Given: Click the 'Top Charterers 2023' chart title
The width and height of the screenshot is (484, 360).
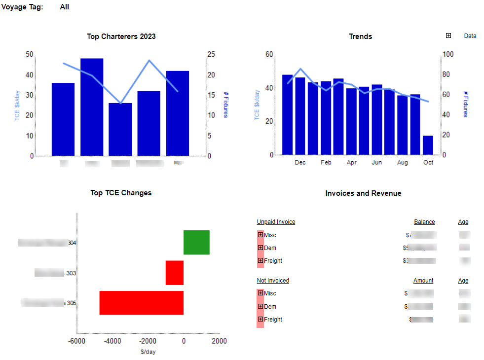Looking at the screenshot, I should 121,36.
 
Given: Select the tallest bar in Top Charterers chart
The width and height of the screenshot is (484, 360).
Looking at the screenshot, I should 92,107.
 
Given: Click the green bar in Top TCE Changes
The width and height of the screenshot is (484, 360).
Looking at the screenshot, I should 196,242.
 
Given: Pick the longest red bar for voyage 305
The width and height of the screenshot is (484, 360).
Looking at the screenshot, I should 142,303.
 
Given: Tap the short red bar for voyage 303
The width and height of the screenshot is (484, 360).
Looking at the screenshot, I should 175,273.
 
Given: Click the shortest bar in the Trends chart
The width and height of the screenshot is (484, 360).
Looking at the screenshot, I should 428,145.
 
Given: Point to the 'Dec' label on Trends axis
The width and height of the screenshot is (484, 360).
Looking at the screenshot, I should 300,163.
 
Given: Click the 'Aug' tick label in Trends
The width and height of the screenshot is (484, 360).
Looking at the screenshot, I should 403,163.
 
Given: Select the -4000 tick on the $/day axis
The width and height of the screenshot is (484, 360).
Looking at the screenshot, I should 112,341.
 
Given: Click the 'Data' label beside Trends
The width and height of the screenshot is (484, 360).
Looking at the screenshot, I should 470,36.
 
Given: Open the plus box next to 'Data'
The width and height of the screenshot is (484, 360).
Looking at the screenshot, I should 448,36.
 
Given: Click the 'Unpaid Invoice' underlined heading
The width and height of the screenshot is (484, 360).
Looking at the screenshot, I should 276,222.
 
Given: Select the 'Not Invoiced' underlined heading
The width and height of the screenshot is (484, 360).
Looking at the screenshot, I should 273,281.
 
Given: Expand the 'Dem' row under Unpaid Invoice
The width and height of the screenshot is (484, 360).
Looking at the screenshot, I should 261,248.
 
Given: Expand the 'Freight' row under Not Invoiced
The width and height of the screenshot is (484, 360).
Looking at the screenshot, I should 261,319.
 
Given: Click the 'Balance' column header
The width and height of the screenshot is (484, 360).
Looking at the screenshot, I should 424,222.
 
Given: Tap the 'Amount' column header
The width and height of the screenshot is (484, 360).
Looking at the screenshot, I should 423,281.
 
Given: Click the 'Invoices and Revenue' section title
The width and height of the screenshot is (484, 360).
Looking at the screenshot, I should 363,193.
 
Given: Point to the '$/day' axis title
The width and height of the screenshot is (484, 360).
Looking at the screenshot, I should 148,352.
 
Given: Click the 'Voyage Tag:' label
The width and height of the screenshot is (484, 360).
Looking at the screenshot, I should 23,7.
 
